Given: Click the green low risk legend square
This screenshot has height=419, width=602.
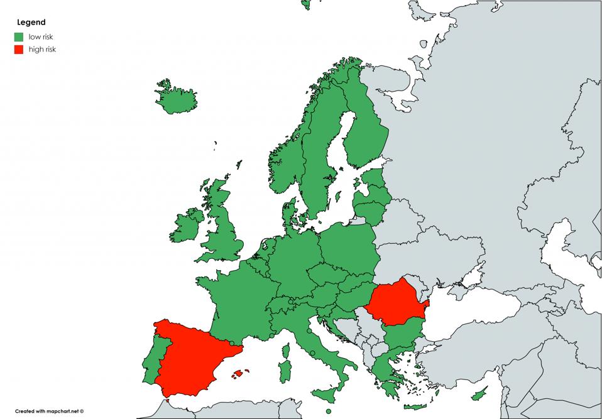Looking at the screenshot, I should click(x=19, y=37).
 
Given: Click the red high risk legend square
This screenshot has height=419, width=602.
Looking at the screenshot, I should click(x=19, y=49).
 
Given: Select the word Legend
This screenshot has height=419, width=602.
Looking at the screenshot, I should click(x=31, y=23).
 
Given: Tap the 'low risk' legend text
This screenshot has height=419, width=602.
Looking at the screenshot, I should click(x=41, y=37).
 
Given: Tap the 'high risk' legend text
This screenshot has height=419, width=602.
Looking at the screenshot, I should click(x=42, y=49).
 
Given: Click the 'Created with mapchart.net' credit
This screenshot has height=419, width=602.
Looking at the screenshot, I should click(x=49, y=411).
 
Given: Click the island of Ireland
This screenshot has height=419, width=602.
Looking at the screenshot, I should click(x=188, y=227).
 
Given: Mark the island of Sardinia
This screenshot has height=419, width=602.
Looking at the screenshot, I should click(x=285, y=370).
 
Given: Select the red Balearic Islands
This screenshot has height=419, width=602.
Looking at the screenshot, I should click(x=238, y=374).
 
